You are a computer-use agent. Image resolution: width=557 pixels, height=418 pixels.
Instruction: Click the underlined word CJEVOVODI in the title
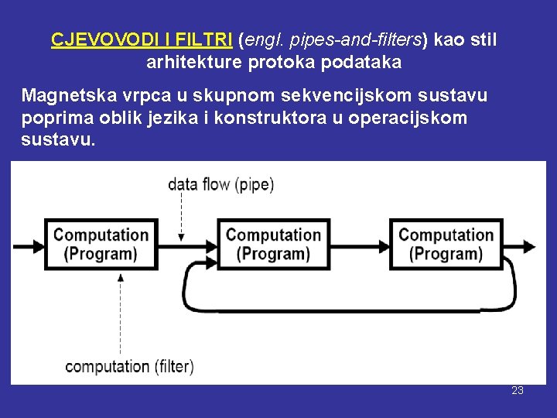point(98,39)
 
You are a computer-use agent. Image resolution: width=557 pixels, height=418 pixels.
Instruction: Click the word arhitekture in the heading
point(194,63)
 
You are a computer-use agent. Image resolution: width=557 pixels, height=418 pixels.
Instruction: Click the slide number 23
point(518,390)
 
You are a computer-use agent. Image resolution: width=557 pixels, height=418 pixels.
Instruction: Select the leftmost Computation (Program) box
point(101,244)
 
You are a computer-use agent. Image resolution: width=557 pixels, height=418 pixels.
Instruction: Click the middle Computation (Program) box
point(273,244)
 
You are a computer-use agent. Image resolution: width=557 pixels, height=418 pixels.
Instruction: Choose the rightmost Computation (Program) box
point(446,244)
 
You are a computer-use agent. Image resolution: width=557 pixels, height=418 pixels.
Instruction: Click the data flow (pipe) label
point(220,185)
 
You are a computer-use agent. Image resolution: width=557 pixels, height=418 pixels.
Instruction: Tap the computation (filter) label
point(129,367)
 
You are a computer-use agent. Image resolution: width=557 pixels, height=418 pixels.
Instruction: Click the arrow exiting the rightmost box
point(519,246)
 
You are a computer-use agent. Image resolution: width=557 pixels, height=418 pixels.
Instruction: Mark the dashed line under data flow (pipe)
point(181,213)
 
